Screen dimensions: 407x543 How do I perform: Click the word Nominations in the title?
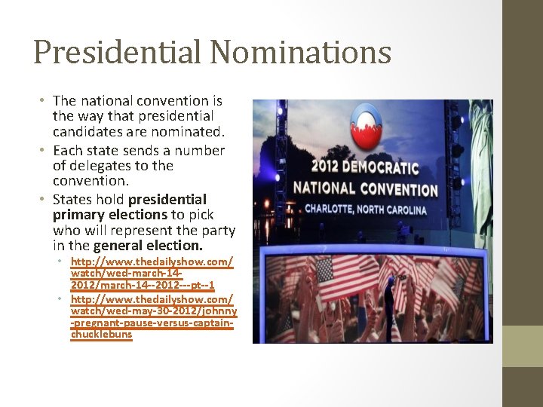click(x=300, y=53)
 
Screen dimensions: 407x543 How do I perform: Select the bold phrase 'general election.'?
click(x=149, y=246)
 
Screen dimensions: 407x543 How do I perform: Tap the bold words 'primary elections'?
click(x=101, y=215)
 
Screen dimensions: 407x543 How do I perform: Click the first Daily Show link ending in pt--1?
click(x=152, y=274)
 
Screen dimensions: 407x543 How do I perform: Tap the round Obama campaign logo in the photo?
click(x=367, y=123)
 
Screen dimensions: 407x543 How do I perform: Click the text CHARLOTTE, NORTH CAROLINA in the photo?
click(x=365, y=209)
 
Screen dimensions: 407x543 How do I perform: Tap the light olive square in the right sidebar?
click(x=522, y=346)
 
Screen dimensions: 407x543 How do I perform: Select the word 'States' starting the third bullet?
click(x=72, y=200)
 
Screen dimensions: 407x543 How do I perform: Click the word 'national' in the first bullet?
click(x=105, y=101)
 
